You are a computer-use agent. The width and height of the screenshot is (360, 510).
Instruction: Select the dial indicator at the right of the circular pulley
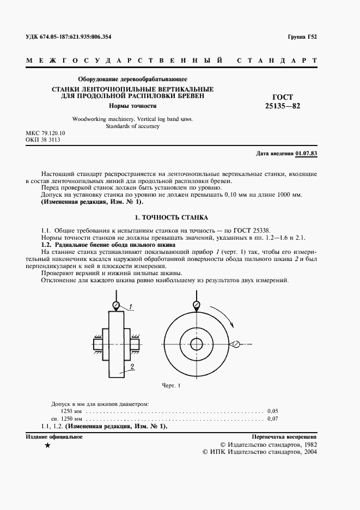236,343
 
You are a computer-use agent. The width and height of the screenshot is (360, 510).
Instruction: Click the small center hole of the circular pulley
195,344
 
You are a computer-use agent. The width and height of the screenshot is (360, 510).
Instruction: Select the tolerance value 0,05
273,410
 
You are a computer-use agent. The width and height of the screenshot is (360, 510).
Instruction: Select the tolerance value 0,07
273,418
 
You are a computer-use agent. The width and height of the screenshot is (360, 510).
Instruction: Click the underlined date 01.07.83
306,153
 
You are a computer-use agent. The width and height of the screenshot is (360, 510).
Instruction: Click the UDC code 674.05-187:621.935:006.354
76,37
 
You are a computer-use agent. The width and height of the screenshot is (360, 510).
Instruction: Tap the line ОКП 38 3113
43,140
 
